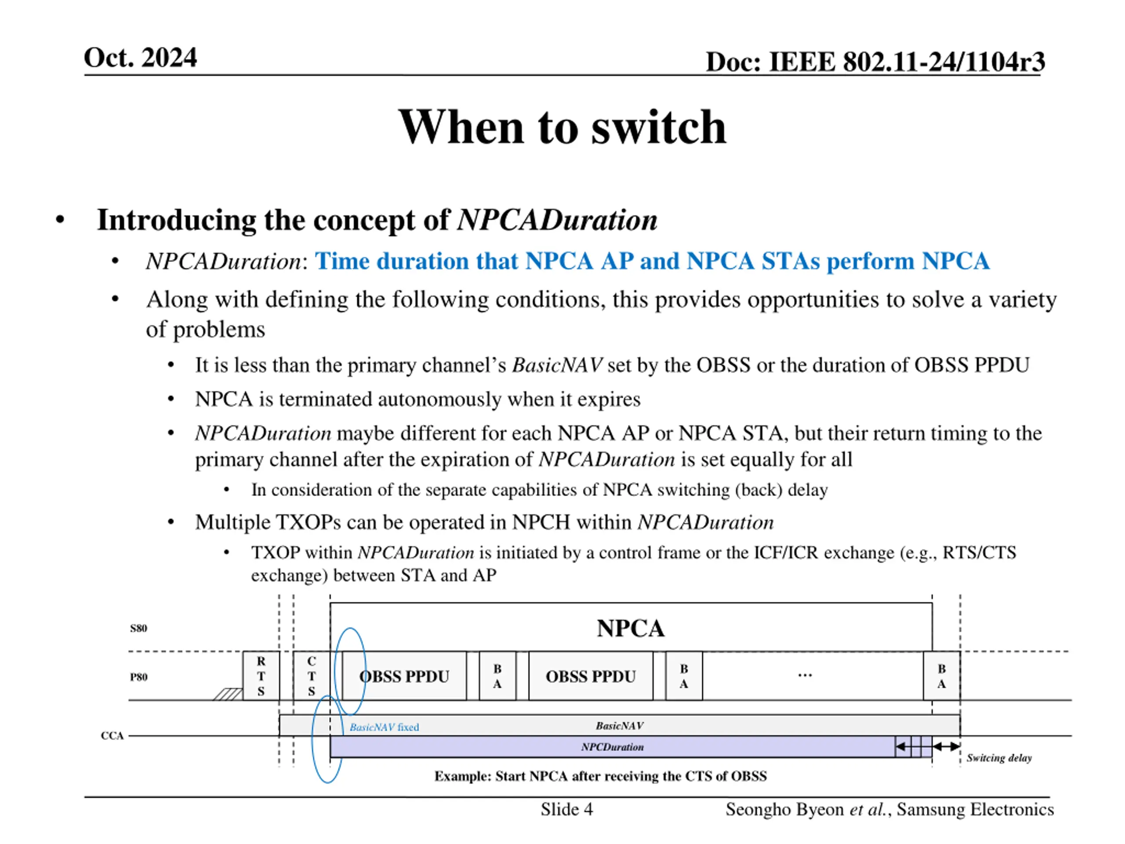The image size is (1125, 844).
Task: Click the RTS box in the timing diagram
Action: click(261, 676)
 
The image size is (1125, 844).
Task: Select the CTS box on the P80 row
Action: click(311, 676)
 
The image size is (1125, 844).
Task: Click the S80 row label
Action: click(138, 628)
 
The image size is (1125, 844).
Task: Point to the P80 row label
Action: click(138, 677)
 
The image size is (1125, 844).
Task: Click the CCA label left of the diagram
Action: click(112, 735)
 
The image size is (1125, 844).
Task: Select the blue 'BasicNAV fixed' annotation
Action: click(384, 728)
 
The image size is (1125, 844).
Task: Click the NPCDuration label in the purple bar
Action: click(612, 747)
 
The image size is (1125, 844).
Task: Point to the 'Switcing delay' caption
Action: click(999, 758)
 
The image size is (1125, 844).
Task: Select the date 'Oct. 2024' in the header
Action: click(140, 58)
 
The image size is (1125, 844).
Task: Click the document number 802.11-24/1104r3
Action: click(944, 62)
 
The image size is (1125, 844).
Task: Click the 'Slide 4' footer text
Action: click(566, 809)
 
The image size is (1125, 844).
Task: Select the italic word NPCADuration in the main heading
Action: click(557, 220)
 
